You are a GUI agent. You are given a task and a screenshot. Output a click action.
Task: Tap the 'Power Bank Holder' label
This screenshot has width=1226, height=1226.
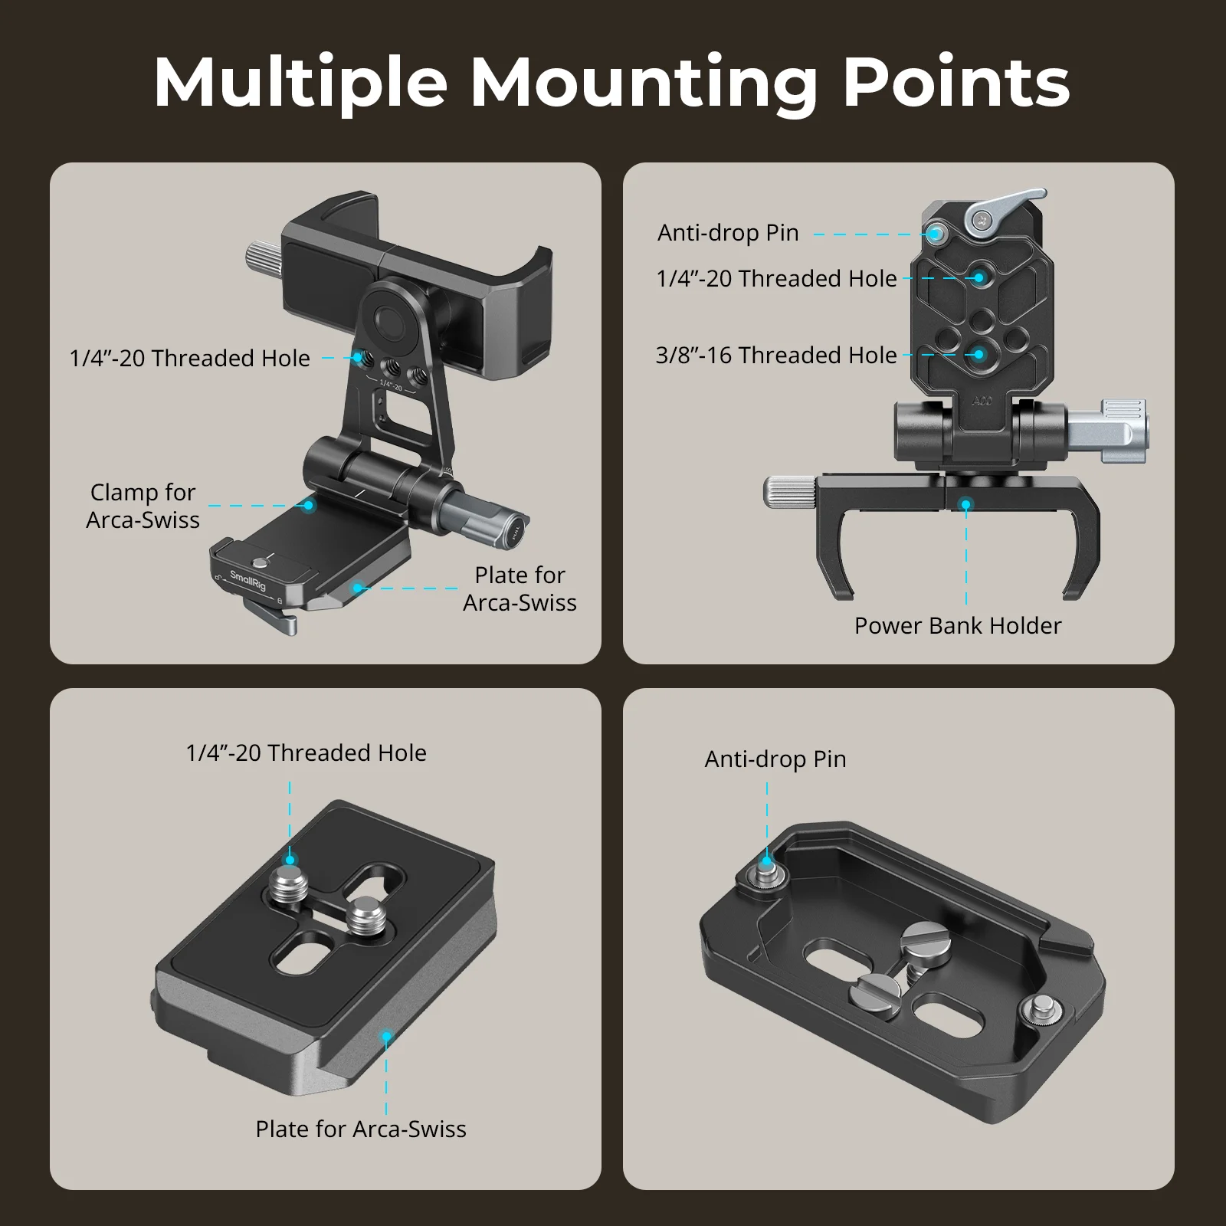coord(958,626)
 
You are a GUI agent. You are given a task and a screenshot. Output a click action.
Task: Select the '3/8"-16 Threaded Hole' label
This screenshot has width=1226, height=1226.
coord(776,356)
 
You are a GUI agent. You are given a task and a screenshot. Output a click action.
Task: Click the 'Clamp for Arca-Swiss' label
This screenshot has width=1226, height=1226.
coord(143,506)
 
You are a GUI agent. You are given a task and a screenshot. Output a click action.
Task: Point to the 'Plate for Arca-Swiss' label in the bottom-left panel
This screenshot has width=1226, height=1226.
coord(361,1129)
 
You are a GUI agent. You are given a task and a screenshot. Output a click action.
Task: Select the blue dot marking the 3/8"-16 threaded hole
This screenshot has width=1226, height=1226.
coord(979,355)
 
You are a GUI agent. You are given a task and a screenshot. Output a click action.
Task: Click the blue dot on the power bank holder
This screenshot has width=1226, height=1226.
coord(967,504)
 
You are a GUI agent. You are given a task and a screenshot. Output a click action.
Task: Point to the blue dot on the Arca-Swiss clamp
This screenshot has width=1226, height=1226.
coord(308,506)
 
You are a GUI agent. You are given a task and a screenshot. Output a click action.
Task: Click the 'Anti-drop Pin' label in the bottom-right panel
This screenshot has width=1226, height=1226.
coord(775,759)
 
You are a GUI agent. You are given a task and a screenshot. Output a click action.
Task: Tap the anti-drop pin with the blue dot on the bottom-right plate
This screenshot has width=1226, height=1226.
coord(766,865)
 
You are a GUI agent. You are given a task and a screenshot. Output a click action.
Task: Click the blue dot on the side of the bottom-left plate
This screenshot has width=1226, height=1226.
coord(387,1037)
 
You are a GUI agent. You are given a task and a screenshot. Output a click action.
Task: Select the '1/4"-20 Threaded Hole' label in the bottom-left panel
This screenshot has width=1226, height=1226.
coord(306,753)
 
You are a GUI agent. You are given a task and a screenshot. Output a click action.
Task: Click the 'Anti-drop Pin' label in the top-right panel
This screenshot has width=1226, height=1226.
coord(728,233)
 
